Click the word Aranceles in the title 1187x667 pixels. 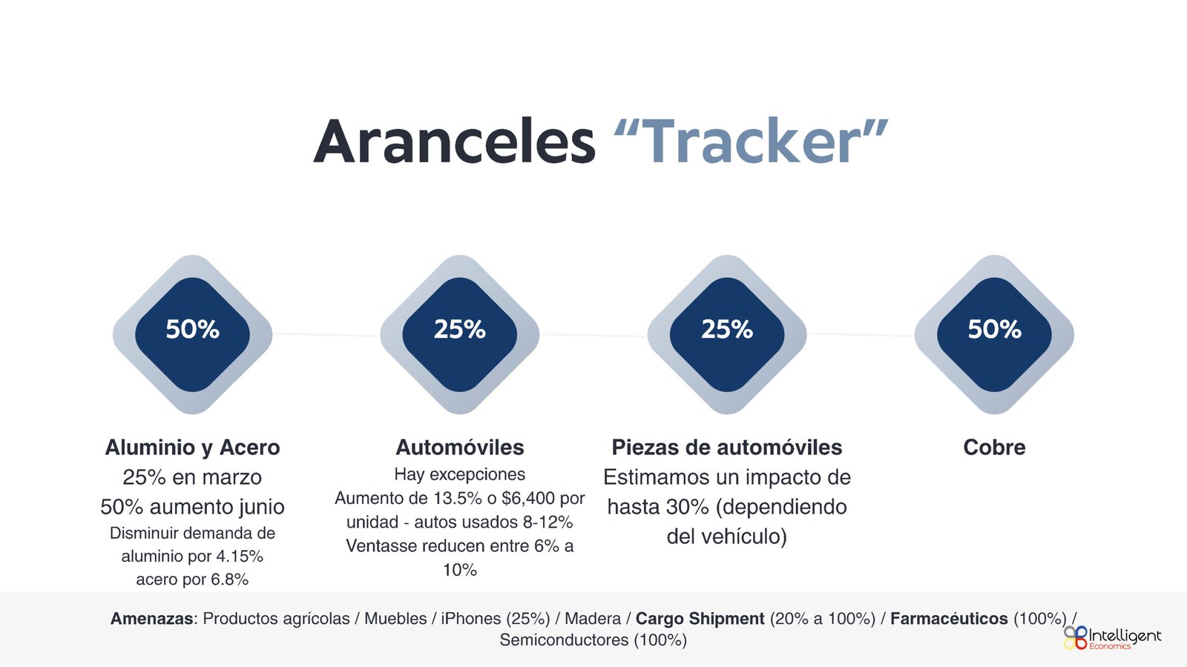pos(455,142)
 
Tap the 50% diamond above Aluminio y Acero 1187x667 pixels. pos(192,334)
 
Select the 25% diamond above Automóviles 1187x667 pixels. pos(460,334)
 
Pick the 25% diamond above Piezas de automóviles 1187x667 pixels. pos(727,334)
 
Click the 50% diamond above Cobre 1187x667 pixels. pos(994,334)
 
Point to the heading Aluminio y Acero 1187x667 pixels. pos(192,448)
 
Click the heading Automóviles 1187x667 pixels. pos(460,448)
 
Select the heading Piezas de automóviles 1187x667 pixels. pos(727,448)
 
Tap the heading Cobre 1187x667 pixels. pos(994,448)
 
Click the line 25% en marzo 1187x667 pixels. pos(192,477)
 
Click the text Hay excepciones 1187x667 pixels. pos(460,474)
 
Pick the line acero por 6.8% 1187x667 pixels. pos(192,580)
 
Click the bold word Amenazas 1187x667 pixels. pos(151,618)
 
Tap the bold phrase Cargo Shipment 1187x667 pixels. pos(700,618)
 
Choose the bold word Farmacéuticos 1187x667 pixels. pos(949,618)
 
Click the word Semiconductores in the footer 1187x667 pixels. pos(564,640)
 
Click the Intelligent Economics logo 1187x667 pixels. pos(1112,638)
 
